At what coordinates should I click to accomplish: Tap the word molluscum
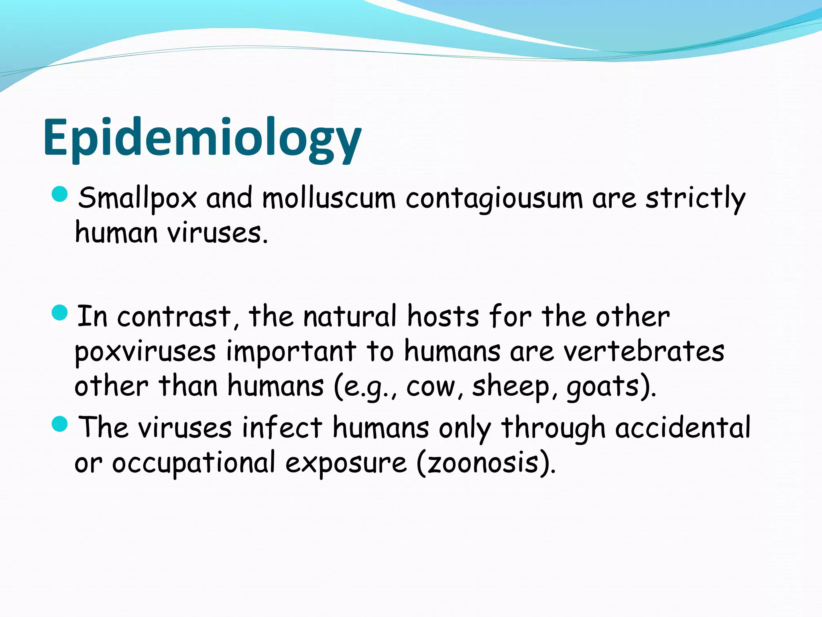coord(329,198)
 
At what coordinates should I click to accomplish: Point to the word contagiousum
coord(494,198)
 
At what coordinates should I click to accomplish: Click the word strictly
coord(695,198)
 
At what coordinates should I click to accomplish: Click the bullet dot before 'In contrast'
coord(60,313)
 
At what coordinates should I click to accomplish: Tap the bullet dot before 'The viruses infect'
coord(60,424)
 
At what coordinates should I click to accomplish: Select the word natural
coord(350,317)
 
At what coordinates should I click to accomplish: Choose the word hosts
coord(443,317)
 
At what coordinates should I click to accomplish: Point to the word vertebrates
coord(644,351)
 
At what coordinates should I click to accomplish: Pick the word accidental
coord(683,427)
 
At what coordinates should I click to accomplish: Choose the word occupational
coord(193,463)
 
